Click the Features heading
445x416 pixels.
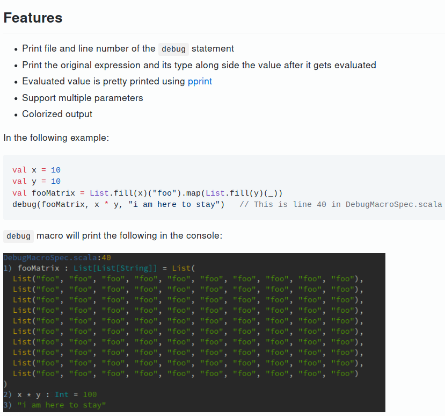tap(33, 18)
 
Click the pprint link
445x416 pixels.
tap(200, 82)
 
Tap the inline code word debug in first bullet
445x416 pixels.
tap(173, 49)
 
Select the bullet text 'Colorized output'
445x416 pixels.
tap(57, 114)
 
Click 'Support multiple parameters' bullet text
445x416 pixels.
tap(83, 98)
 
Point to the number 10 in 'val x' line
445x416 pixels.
tap(56, 170)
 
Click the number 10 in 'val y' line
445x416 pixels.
tap(56, 181)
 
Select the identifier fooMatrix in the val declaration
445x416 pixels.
tap(53, 193)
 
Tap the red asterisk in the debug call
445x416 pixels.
tap(106, 204)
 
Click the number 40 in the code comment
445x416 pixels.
tap(321, 204)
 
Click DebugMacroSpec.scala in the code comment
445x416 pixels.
tap(393, 205)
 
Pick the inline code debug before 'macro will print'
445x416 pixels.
tap(18, 236)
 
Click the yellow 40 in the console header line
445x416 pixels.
tap(106, 257)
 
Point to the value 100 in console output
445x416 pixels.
tap(90, 395)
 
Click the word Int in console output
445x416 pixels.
tap(62, 395)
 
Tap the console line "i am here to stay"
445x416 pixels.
tap(62, 405)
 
